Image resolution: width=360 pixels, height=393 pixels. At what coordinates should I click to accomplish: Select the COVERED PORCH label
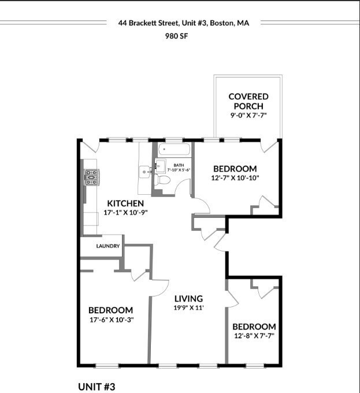(x=248, y=101)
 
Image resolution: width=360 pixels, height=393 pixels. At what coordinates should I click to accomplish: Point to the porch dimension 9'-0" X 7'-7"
(x=248, y=116)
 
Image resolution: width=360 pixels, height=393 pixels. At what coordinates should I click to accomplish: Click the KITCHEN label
(x=125, y=203)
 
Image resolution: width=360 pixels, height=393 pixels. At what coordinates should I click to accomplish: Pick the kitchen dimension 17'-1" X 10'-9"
(x=126, y=213)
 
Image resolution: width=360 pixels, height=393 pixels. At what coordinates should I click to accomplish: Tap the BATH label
(x=179, y=165)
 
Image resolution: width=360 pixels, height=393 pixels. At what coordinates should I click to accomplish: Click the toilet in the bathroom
(x=164, y=179)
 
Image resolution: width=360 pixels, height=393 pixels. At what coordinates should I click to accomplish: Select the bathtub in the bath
(x=174, y=150)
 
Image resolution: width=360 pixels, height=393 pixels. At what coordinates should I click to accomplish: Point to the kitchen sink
(x=144, y=172)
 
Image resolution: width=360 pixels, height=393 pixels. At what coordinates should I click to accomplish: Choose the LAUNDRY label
(x=108, y=246)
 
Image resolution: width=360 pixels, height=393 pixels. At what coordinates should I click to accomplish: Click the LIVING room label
(x=189, y=299)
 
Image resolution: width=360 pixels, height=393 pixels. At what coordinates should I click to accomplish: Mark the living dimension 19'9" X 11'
(x=189, y=308)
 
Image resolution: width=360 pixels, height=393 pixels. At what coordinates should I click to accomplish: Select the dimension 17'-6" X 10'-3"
(x=110, y=320)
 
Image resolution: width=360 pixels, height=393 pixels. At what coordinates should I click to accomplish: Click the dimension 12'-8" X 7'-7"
(x=254, y=336)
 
